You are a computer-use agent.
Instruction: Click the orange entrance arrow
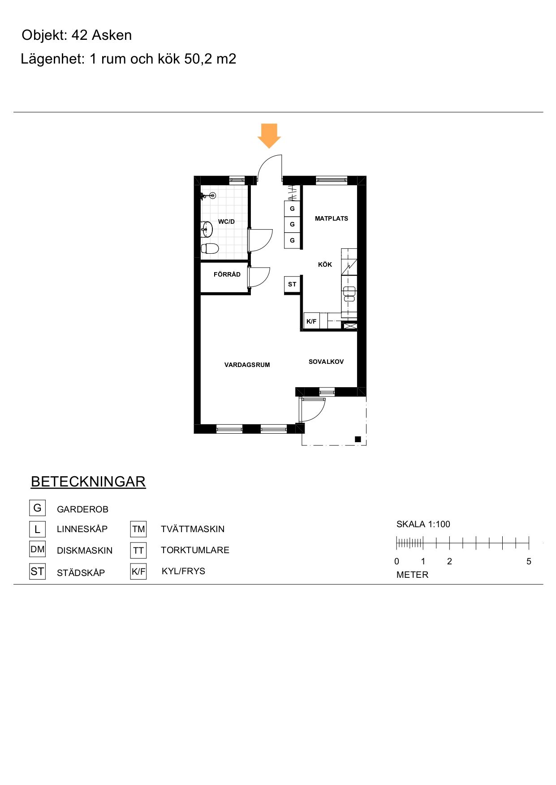click(269, 136)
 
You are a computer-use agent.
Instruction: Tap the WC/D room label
click(226, 222)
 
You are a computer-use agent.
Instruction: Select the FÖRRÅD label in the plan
click(227, 274)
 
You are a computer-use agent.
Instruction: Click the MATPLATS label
click(332, 218)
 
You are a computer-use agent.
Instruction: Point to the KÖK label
click(325, 265)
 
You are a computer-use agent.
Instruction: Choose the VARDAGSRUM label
click(247, 365)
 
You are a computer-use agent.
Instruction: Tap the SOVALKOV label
click(326, 362)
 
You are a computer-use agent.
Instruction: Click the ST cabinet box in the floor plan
click(292, 284)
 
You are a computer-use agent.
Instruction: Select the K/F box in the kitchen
click(311, 321)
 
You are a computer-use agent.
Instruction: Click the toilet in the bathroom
click(210, 248)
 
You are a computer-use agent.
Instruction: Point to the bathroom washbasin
click(207, 229)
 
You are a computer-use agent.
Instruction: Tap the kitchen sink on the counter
click(349, 294)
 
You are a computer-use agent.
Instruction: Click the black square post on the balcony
click(358, 439)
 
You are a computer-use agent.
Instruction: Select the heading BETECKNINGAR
click(88, 482)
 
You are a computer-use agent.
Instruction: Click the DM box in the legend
click(38, 549)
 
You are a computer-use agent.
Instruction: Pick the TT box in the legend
click(138, 550)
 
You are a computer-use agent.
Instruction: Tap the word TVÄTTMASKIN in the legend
click(193, 529)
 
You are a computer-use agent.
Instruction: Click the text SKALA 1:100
click(423, 524)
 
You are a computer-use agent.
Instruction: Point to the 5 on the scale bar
click(529, 561)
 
